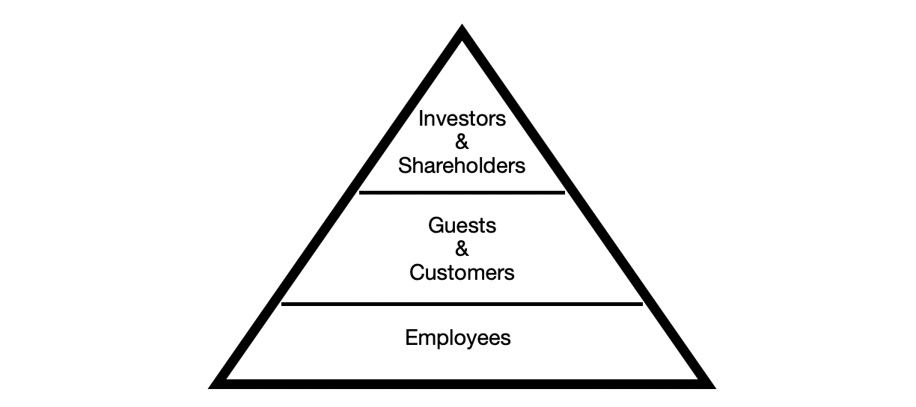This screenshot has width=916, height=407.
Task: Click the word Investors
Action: click(462, 118)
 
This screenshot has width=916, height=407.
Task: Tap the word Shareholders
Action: click(462, 165)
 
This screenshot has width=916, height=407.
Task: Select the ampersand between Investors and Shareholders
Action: click(462, 142)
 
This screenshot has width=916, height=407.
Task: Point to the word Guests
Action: click(462, 225)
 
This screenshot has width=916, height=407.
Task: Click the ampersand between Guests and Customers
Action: click(462, 249)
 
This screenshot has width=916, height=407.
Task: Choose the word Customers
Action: click(462, 272)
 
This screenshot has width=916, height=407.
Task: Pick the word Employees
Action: click(458, 337)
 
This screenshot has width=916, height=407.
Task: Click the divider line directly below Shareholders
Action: click(462, 192)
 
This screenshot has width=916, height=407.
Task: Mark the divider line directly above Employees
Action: click(462, 304)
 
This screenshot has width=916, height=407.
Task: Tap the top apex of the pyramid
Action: click(462, 31)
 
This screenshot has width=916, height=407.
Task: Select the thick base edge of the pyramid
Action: click(462, 383)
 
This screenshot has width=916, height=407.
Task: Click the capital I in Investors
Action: click(421, 118)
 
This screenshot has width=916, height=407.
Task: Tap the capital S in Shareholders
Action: click(404, 165)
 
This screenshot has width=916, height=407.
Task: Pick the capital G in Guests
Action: click(435, 225)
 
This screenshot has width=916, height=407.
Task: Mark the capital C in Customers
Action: click(416, 272)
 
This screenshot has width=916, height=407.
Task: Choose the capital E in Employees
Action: click(410, 337)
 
